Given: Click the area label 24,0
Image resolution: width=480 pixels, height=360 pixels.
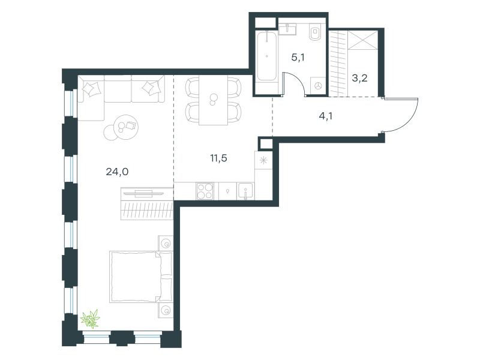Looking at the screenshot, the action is tap(117, 172).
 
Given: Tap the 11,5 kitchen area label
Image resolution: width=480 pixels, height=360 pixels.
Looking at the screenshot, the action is tap(218, 158).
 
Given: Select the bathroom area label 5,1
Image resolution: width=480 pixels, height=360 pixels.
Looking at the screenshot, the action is tap(298, 57).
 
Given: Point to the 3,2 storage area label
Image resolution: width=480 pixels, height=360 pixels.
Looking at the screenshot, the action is tap(359, 78).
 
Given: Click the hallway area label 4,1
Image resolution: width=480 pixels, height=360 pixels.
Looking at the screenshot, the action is tap(326, 116).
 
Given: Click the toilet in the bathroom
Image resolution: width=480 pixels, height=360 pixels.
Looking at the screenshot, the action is tap(315, 32).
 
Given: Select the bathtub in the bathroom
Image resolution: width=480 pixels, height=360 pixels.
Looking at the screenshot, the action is tap(266, 56).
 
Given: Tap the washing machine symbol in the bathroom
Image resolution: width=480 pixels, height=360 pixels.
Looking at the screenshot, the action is tap(318, 86).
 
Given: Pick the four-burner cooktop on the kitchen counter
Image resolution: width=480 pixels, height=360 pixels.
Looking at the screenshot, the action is tap(205, 191).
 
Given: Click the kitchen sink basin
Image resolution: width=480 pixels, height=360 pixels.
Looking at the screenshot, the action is tap(245, 191).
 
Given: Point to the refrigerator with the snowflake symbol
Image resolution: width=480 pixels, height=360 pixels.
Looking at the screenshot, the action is tap(263, 160).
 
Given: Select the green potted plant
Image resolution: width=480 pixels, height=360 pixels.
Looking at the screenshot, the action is tap(91, 319).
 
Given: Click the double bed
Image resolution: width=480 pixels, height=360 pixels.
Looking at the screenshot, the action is tap(141, 277).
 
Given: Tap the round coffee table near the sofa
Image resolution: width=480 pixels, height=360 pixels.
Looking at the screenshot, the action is tap(125, 127).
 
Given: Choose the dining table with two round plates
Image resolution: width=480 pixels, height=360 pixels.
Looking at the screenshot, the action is tap(213, 100).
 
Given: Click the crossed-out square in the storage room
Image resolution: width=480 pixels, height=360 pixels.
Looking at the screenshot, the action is tap(364, 40).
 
